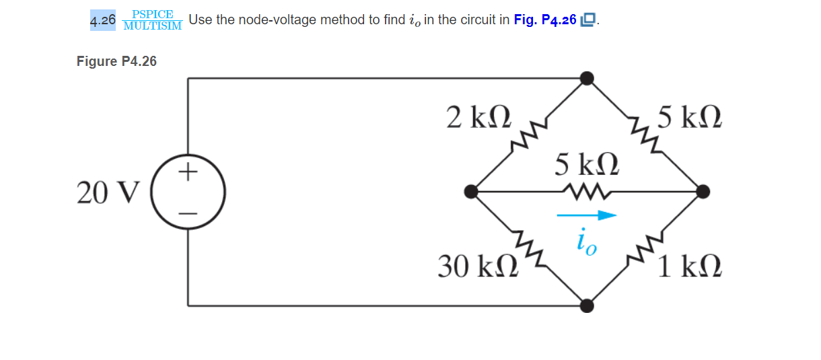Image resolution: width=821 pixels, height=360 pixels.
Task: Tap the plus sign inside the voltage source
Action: coord(188,173)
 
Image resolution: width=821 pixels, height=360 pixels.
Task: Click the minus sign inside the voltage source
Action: coord(188,213)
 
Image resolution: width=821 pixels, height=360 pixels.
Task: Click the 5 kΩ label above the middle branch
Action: coord(586,165)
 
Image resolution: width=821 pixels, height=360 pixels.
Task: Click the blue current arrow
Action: coord(586,215)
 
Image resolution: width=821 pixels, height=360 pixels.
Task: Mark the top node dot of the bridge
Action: coord(587,79)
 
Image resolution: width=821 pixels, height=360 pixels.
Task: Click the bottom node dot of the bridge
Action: coord(587,306)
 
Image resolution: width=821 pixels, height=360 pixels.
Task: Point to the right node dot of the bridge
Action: coord(703,192)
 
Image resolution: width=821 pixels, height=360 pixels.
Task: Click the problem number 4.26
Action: coord(103,21)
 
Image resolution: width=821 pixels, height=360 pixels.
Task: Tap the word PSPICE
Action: coord(153,14)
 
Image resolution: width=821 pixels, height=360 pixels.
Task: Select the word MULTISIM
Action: coord(153,26)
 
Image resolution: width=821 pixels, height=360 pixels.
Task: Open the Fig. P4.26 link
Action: coord(545,20)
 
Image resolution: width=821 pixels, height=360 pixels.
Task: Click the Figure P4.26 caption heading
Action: coord(116,61)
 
